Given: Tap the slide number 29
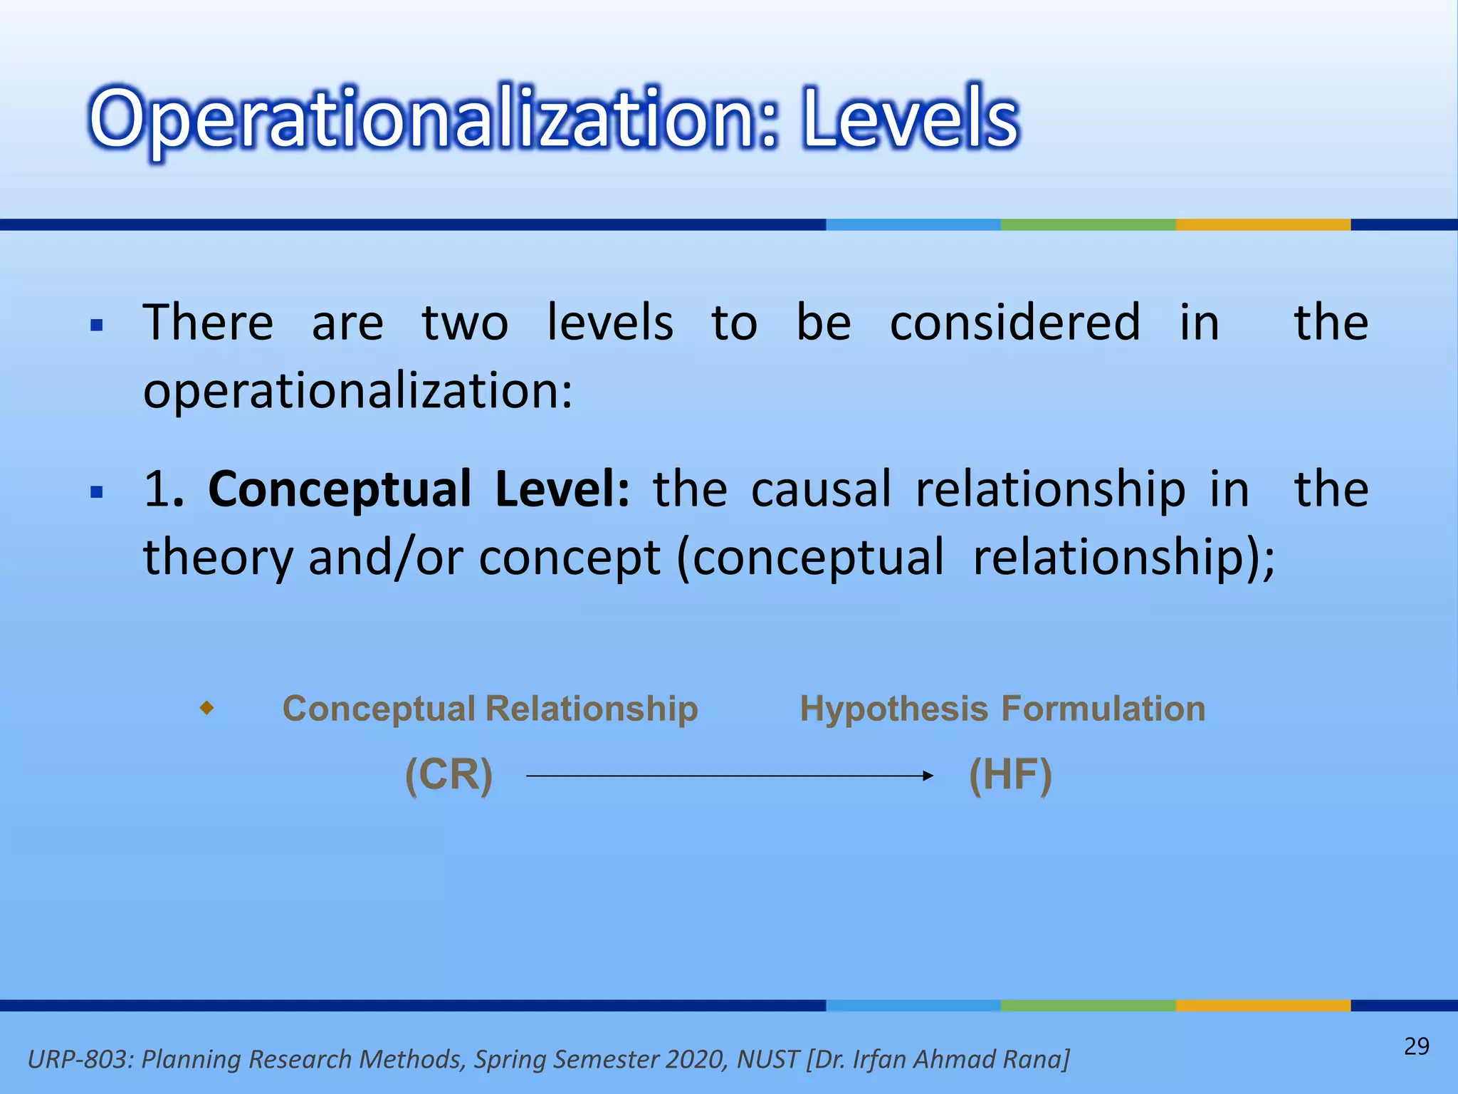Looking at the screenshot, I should [x=1416, y=1046].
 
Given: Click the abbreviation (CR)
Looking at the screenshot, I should [x=449, y=775].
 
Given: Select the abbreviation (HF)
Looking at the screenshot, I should [x=1010, y=775].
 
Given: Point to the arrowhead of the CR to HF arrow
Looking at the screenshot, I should [x=928, y=776].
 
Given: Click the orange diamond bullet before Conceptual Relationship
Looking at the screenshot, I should [x=206, y=708].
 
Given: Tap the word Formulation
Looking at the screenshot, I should [x=1103, y=709].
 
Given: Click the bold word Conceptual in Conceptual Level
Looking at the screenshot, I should [x=340, y=490].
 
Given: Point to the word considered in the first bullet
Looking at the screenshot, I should [x=1015, y=323].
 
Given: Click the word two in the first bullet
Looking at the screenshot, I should [x=465, y=323].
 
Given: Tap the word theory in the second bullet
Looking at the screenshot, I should [x=218, y=557].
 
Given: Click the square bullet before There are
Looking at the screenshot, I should [x=98, y=326].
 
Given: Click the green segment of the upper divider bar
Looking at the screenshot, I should [x=1088, y=224].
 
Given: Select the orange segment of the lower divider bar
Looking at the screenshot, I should [x=1263, y=1005].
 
